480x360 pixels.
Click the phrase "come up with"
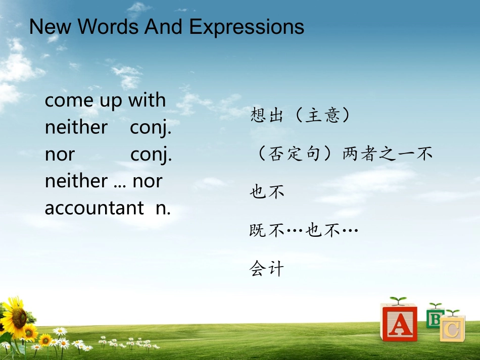[105, 100]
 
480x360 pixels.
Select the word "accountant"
[94, 208]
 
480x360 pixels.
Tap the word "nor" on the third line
[60, 154]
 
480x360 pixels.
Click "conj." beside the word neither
[151, 128]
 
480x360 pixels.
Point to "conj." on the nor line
[151, 155]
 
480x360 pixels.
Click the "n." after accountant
[163, 208]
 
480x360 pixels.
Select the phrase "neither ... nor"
[103, 181]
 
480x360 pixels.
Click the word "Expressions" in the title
[247, 27]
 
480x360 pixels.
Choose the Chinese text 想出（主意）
[300, 116]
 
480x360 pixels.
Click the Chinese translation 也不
[267, 192]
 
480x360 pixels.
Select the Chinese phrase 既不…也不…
[304, 231]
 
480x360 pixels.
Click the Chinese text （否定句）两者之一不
[342, 153]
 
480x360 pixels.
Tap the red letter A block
[399, 323]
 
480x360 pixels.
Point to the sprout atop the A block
[398, 301]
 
